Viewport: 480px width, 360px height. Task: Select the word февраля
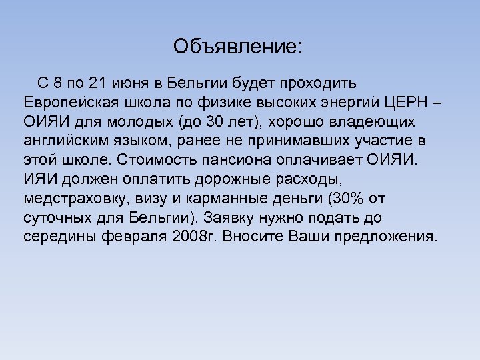point(142,237)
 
